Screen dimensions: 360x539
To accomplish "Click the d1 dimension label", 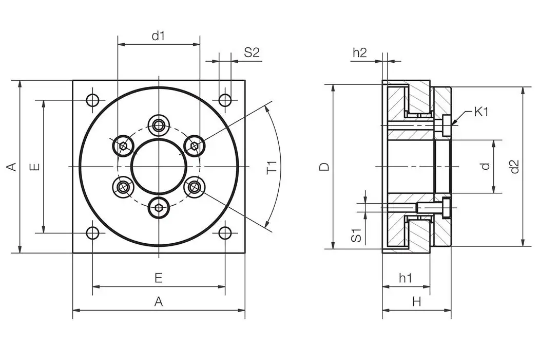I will click(158, 36).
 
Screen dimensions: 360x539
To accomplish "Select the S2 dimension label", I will click(252, 52).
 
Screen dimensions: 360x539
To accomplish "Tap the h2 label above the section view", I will click(360, 52).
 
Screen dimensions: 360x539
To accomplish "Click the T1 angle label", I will click(272, 167).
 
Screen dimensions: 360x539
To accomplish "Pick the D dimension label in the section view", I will click(324, 167).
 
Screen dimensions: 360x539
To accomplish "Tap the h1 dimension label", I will click(406, 278).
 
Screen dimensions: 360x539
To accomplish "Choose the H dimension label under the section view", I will click(416, 302).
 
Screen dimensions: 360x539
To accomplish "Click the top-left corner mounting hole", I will click(93, 100).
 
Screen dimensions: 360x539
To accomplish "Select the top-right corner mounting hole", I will click(225, 100).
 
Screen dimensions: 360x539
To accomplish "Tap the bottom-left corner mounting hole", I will click(92, 233).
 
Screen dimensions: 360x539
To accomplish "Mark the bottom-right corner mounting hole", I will click(225, 233).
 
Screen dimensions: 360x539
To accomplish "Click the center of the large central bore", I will click(159, 167).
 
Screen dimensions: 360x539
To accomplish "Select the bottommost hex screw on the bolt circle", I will click(159, 209).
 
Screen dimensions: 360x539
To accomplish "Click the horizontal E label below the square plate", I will click(159, 278).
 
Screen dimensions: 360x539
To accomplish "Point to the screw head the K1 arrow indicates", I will click(447, 125).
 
